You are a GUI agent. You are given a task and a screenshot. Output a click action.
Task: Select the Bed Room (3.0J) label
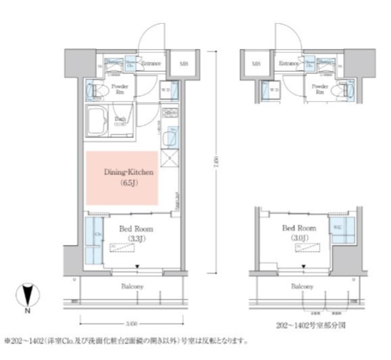click(x=299, y=232)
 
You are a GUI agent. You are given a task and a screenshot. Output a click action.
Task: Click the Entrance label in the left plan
click(x=150, y=63)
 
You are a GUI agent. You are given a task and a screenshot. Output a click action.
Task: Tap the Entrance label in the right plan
click(x=289, y=63)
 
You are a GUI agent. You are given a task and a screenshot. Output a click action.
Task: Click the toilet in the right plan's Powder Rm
click(x=345, y=91)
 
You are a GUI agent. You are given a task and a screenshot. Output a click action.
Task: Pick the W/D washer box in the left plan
click(x=167, y=91)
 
